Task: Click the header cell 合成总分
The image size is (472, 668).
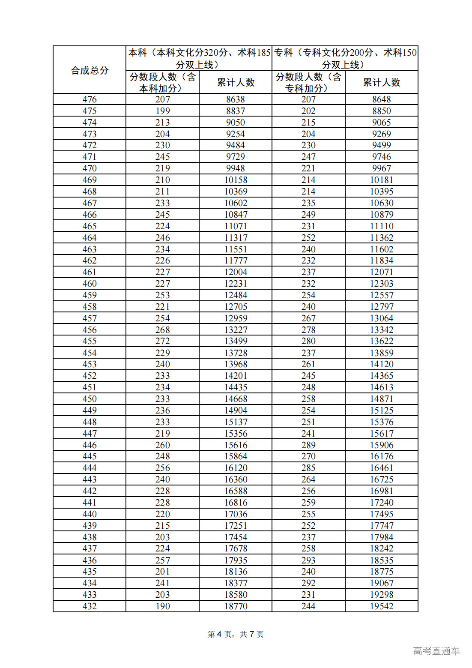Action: pos(90,70)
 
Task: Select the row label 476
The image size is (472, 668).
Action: pos(90,99)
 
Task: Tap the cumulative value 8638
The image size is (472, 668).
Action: pos(236,99)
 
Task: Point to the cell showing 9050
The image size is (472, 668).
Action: pos(236,123)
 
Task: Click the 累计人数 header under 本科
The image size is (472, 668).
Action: pos(236,82)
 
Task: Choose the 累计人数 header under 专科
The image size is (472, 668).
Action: pos(381,82)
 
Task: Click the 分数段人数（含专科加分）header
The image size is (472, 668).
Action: pos(308,82)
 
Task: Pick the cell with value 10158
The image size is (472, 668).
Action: pos(236,180)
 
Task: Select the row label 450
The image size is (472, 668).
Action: pos(90,399)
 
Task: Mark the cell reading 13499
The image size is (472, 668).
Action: pos(236,341)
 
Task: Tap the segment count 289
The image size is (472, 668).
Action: pos(308,445)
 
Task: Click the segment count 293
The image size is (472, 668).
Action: pos(308,560)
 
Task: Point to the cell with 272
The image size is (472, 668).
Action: pos(162,341)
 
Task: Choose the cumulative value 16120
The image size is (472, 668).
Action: pos(236,468)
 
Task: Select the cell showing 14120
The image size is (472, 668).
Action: pos(381,364)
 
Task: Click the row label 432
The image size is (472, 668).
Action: pos(90,606)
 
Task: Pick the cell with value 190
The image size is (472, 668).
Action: pos(162,606)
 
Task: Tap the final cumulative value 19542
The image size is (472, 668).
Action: pos(381,606)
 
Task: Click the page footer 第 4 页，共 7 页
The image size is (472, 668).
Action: pos(236,634)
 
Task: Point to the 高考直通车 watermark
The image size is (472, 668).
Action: pos(436,651)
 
